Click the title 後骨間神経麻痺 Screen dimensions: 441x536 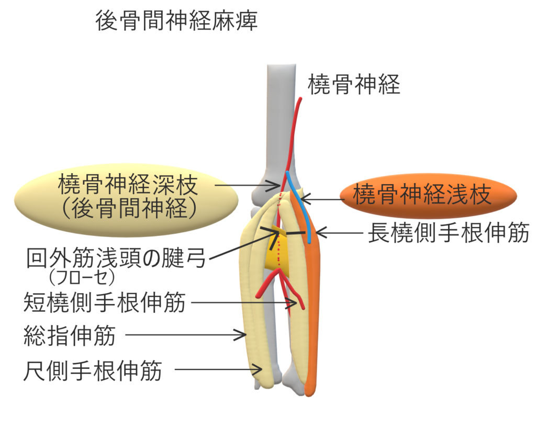click(x=176, y=22)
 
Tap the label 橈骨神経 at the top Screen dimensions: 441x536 click(x=354, y=84)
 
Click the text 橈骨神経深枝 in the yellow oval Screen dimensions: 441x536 click(x=128, y=186)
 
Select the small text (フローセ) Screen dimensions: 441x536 click(x=81, y=275)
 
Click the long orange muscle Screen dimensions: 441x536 click(x=314, y=303)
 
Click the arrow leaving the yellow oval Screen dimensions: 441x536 click(x=248, y=185)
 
